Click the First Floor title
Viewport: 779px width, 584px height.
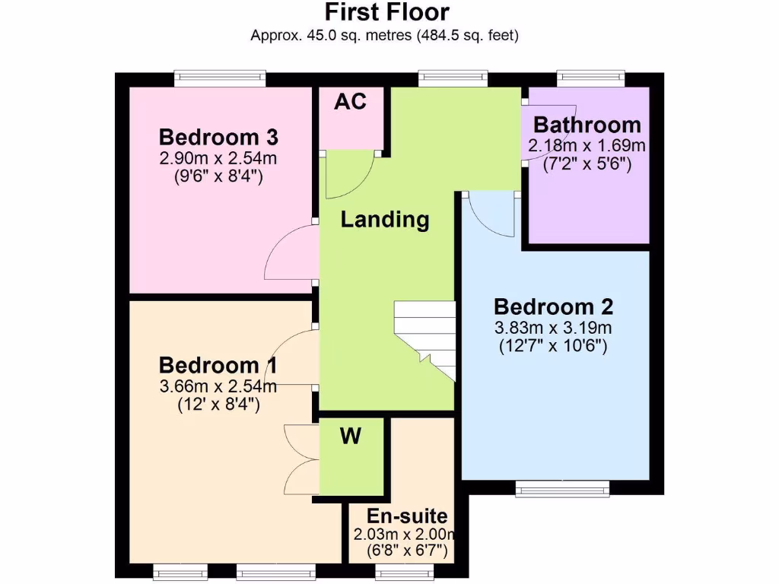coord(387,13)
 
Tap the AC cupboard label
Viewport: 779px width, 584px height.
coord(351,101)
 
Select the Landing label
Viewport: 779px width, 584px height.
coord(385,220)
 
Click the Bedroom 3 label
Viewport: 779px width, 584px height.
coord(218,138)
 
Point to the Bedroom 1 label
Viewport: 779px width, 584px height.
coord(218,365)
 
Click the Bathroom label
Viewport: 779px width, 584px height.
coord(587,125)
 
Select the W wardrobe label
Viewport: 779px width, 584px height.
coord(350,436)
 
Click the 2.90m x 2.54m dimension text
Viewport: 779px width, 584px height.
coord(218,159)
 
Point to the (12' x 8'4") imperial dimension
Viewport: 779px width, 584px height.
coord(218,405)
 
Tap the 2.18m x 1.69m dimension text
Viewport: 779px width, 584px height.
coord(587,145)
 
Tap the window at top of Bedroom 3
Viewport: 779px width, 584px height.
coord(220,77)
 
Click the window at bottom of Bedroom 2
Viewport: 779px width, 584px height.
coord(562,489)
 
